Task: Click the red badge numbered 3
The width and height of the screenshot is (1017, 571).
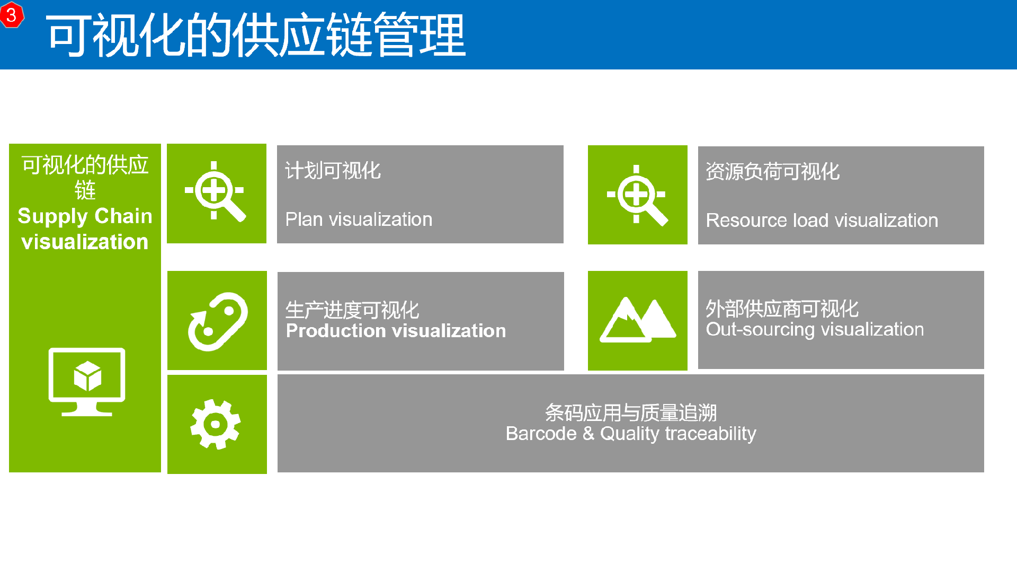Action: point(12,14)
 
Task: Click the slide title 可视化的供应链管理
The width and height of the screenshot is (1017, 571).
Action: point(256,36)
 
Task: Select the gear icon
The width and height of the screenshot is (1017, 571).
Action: point(216,424)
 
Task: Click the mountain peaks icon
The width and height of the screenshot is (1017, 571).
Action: point(638,320)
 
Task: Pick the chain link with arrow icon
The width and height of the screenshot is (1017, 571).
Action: point(218,321)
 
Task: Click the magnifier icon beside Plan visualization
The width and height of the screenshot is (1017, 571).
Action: point(215,191)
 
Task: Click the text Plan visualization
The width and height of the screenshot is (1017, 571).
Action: point(359,219)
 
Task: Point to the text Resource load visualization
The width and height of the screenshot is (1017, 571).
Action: point(822,220)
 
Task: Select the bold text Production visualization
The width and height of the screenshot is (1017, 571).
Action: point(396,331)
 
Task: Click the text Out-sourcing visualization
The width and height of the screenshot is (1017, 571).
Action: point(815,329)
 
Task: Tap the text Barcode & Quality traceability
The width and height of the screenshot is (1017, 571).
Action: point(631,434)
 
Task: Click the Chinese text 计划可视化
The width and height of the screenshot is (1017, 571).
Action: point(333,171)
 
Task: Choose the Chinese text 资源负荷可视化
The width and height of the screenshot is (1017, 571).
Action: point(772,171)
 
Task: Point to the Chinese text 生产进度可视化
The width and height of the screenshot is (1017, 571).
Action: point(352,310)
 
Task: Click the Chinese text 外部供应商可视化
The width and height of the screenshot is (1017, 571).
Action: point(782,308)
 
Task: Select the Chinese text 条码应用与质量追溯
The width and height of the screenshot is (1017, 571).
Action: point(631,412)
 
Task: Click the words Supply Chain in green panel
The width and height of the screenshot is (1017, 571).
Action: point(85,216)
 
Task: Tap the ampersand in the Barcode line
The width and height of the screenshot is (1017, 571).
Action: point(588,433)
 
